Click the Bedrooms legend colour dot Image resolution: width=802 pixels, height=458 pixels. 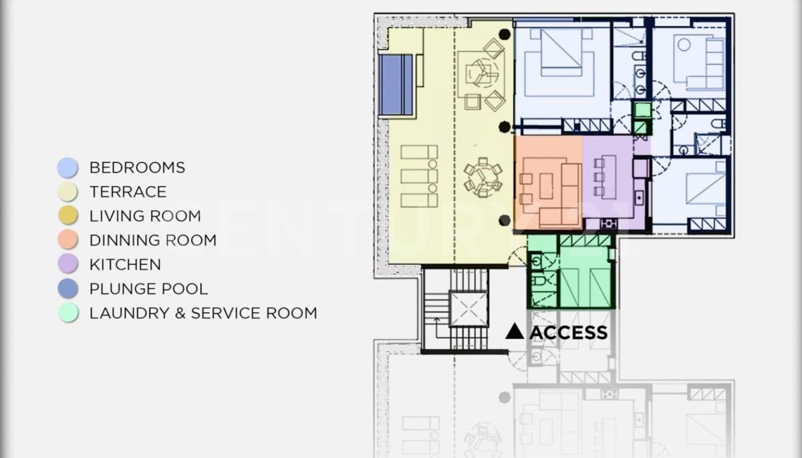pos(68,167)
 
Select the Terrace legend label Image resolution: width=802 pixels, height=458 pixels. pos(128,192)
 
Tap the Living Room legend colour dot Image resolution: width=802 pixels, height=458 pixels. pos(68,215)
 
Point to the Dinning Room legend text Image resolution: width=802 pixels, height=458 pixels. pos(153,240)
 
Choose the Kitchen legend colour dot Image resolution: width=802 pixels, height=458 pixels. pos(68,264)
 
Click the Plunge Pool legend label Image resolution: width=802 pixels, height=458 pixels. pos(148,289)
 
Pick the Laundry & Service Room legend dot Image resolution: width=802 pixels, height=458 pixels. pos(68,313)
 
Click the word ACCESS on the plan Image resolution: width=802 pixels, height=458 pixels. pos(568,333)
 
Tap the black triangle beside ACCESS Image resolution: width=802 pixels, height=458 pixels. pos(515,331)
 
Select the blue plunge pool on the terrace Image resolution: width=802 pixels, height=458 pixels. pos(395,84)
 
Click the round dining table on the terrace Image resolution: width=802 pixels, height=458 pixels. pos(483,178)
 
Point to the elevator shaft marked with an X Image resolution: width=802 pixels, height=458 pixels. pos(469,309)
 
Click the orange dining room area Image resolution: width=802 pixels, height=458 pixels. pos(549,183)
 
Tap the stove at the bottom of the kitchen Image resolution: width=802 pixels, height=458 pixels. pos(608,224)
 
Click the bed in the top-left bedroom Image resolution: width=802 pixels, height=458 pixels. pos(561,53)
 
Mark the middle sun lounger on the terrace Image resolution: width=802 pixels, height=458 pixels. pos(419,177)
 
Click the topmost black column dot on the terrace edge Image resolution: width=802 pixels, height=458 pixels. pos(505,34)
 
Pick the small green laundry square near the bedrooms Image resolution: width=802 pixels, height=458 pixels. pos(643,110)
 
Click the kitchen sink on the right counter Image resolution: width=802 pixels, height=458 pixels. pos(639,198)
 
